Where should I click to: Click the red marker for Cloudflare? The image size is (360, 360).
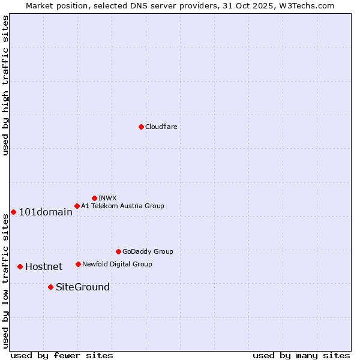tap(141, 127)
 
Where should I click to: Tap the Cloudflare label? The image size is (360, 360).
tap(161, 127)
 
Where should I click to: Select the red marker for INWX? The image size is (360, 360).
tap(94, 198)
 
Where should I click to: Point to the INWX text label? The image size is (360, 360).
tap(107, 199)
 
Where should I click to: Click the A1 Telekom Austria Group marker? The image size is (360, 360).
tap(77, 206)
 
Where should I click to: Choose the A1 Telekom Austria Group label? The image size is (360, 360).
tap(122, 206)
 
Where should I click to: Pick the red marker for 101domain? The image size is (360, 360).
tap(13, 212)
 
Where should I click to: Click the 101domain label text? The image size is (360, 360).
tap(46, 212)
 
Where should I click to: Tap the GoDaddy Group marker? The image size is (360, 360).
tap(118, 251)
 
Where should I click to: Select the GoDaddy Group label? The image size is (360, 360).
tap(148, 252)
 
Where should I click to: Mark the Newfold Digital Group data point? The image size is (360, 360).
tap(78, 264)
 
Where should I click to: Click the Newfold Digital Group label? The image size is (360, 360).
tap(117, 265)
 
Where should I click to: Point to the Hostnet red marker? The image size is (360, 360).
tap(20, 266)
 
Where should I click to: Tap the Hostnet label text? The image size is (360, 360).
tap(44, 267)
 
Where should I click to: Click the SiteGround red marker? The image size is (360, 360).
tap(50, 287)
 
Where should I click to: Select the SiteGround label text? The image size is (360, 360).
tap(83, 287)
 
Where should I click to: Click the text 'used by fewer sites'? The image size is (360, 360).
tap(62, 355)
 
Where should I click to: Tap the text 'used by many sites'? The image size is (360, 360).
tap(301, 355)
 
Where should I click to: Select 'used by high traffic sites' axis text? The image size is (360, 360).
tap(5, 85)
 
